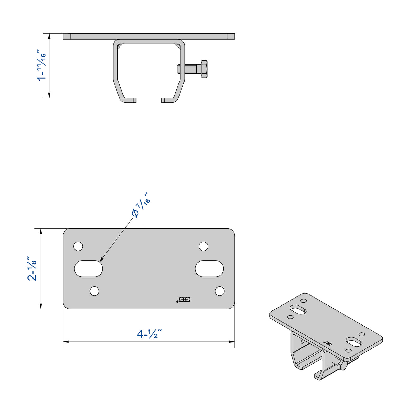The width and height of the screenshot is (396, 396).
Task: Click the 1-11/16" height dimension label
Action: (41, 65)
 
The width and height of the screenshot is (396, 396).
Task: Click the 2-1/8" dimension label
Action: (32, 269)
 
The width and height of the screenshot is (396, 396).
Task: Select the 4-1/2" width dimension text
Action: (149, 334)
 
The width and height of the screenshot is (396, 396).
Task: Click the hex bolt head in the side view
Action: (204, 69)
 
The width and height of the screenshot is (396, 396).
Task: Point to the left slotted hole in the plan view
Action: (88, 269)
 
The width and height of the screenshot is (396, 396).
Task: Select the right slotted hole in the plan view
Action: (209, 269)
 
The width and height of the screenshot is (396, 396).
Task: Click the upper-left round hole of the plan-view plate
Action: (78, 246)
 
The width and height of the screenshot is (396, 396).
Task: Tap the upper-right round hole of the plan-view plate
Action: (203, 246)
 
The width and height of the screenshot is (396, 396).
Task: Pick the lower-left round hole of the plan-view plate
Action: (95, 291)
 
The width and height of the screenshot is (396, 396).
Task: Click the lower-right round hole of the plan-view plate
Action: (220, 291)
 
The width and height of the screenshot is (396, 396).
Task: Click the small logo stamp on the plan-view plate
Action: (184, 299)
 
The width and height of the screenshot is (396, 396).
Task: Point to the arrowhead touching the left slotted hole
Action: (101, 260)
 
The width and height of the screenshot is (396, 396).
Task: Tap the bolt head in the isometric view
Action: (342, 365)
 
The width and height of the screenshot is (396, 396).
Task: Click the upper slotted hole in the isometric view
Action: (298, 309)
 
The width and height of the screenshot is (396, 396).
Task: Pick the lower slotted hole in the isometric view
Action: (354, 342)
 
